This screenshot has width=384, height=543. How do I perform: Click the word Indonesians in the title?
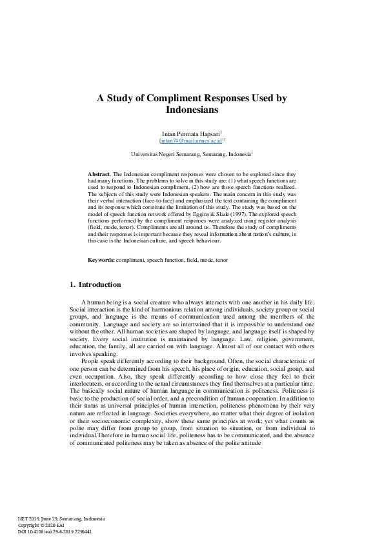[x=192, y=110]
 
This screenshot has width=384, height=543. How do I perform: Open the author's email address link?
[x=191, y=139]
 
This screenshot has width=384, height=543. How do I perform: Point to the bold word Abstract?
[x=99, y=175]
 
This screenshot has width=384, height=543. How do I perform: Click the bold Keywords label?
[x=101, y=259]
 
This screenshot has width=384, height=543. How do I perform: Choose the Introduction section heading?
[x=98, y=284]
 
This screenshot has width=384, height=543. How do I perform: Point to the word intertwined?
[x=187, y=324]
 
